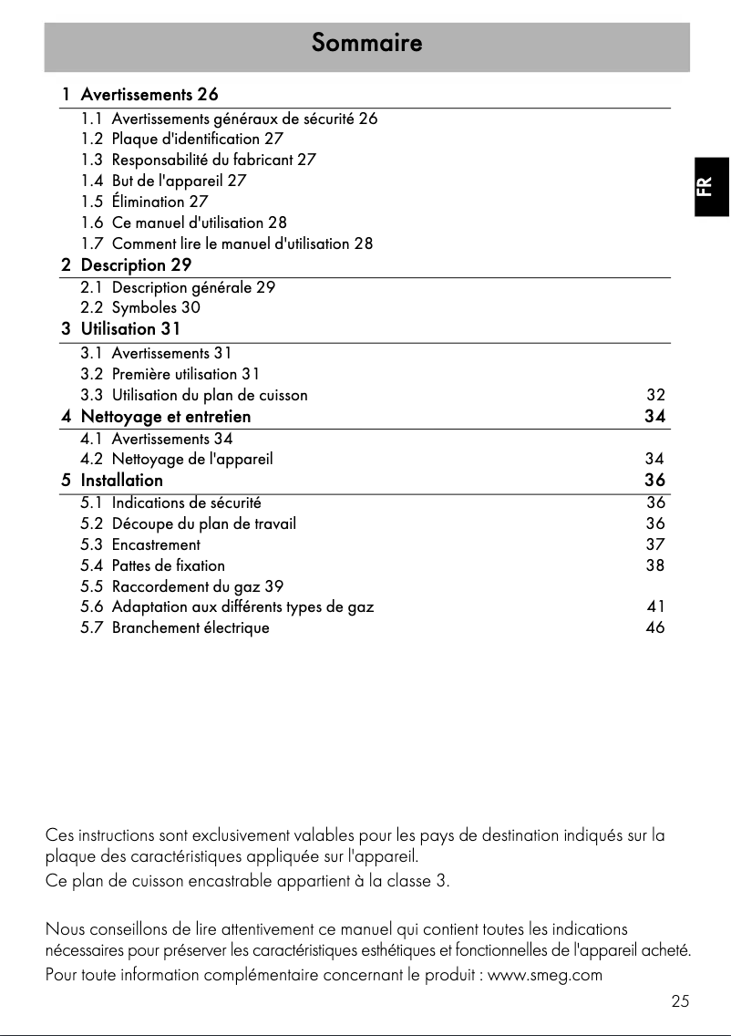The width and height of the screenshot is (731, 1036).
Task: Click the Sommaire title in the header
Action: (366, 43)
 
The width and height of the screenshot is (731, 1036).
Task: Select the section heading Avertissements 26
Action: (149, 94)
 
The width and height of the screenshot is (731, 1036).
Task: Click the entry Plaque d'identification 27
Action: (197, 140)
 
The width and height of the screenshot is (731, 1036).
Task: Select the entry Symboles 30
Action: (156, 308)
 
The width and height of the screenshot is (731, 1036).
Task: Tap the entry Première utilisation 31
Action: (186, 374)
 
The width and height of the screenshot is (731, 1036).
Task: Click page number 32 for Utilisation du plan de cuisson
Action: (655, 395)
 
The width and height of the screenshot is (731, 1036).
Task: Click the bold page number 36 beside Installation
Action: (654, 480)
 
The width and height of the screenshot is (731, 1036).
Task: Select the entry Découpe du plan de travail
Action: (203, 523)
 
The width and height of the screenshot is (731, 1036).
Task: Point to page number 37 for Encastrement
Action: (655, 544)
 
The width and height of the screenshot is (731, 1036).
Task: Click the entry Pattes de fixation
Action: (168, 565)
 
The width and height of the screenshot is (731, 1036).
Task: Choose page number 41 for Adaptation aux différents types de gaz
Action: (655, 606)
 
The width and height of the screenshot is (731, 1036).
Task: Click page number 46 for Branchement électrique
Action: (655, 627)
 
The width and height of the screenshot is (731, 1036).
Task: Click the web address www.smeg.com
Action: (546, 975)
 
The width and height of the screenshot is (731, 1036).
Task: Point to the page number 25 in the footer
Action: (680, 1001)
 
